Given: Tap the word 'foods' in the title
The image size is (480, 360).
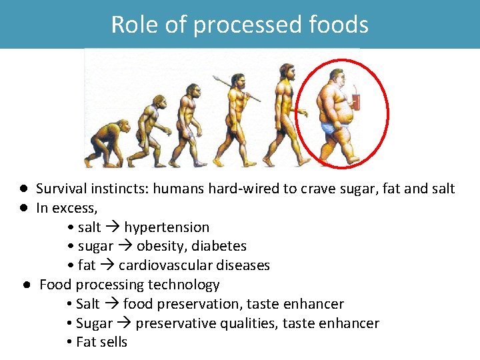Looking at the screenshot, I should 339,25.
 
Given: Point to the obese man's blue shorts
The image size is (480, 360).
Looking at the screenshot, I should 331,127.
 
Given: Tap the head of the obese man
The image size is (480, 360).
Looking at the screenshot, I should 335,76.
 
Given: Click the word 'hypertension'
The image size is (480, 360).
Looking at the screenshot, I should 167,227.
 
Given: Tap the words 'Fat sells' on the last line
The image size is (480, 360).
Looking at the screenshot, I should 101,343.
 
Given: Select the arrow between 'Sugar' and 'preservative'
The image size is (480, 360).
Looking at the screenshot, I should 124,323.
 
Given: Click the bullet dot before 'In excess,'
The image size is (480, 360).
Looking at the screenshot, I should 23,208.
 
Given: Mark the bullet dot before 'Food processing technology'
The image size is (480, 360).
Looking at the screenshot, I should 24,285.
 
